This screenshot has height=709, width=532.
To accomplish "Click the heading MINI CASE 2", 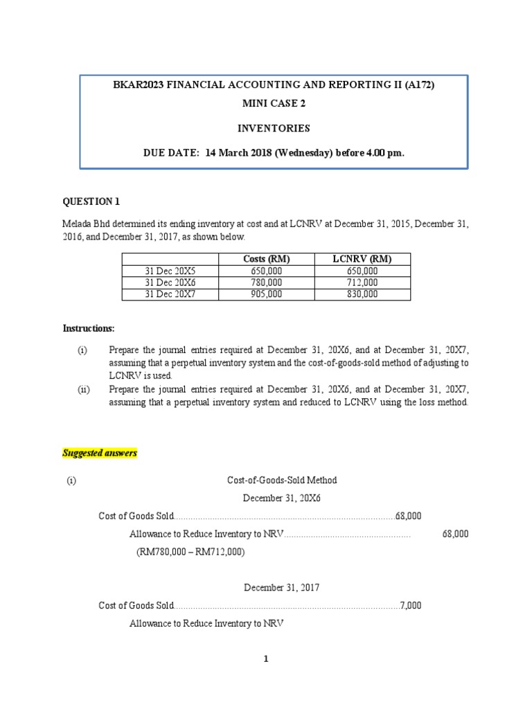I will [274, 104].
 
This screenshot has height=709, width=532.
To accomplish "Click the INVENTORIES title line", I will [274, 128].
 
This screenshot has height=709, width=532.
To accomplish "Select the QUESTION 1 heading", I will [91, 201].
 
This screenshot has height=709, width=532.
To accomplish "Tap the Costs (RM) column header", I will [267, 259].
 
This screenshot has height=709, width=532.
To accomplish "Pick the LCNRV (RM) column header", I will [362, 259].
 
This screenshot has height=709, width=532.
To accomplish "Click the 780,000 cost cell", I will [267, 282].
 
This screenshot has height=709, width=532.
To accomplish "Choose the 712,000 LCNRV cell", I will [362, 282].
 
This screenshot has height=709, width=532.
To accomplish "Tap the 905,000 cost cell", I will [267, 294].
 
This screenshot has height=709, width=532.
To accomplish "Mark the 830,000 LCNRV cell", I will [362, 294].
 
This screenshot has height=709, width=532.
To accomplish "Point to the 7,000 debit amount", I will [410, 605].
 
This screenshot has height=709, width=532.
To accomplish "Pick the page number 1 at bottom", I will [266, 659].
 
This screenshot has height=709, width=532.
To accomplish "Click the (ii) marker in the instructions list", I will [83, 390].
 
